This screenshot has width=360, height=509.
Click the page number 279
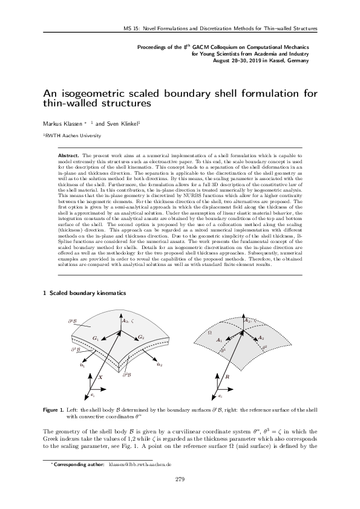179,479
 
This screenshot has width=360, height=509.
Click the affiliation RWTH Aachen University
68,137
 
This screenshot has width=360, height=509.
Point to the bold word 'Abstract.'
69,155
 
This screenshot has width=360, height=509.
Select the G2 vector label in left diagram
140,336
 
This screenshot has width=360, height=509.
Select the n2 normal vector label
159,365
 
